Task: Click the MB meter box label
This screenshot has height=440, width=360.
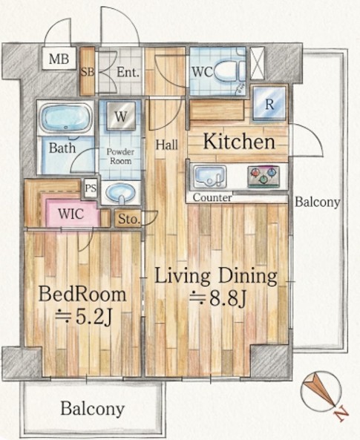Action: tap(59, 59)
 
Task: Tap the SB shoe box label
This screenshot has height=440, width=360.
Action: tap(88, 72)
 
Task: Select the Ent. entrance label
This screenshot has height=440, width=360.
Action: tap(128, 72)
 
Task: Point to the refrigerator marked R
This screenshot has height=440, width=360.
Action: tap(269, 103)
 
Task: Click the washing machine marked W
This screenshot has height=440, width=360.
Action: tap(121, 116)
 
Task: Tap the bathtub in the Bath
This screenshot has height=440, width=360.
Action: tap(66, 119)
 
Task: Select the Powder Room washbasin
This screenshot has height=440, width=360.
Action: tap(121, 193)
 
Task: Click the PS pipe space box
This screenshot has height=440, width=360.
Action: tap(91, 188)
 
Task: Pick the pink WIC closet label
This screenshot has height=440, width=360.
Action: tap(71, 214)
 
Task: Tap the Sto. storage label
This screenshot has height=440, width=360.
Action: tap(129, 219)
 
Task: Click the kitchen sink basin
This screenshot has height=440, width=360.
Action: tap(210, 177)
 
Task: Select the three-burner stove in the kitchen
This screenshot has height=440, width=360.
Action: tap(264, 177)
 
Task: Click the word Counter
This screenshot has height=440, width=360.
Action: tap(212, 197)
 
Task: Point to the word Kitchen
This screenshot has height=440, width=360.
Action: tap(239, 142)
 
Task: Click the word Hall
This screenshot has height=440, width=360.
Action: tap(167, 145)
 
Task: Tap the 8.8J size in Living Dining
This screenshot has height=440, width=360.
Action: tap(218, 299)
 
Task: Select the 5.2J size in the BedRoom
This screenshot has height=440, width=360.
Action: tap(84, 317)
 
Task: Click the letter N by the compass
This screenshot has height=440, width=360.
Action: tap(341, 414)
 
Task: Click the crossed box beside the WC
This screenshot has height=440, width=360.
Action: tap(258, 63)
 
